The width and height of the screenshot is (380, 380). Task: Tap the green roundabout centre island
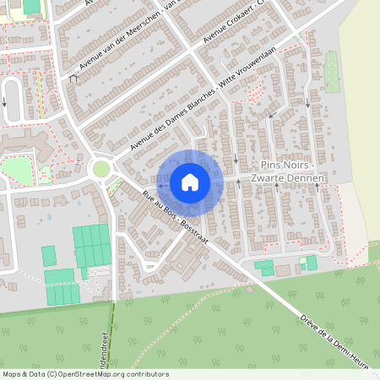click(x=101, y=169)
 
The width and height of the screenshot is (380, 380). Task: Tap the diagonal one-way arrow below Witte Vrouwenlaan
click(x=271, y=115)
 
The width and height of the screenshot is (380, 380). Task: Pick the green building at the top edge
click(x=32, y=7)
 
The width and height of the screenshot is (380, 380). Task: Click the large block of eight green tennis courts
click(x=91, y=246)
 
